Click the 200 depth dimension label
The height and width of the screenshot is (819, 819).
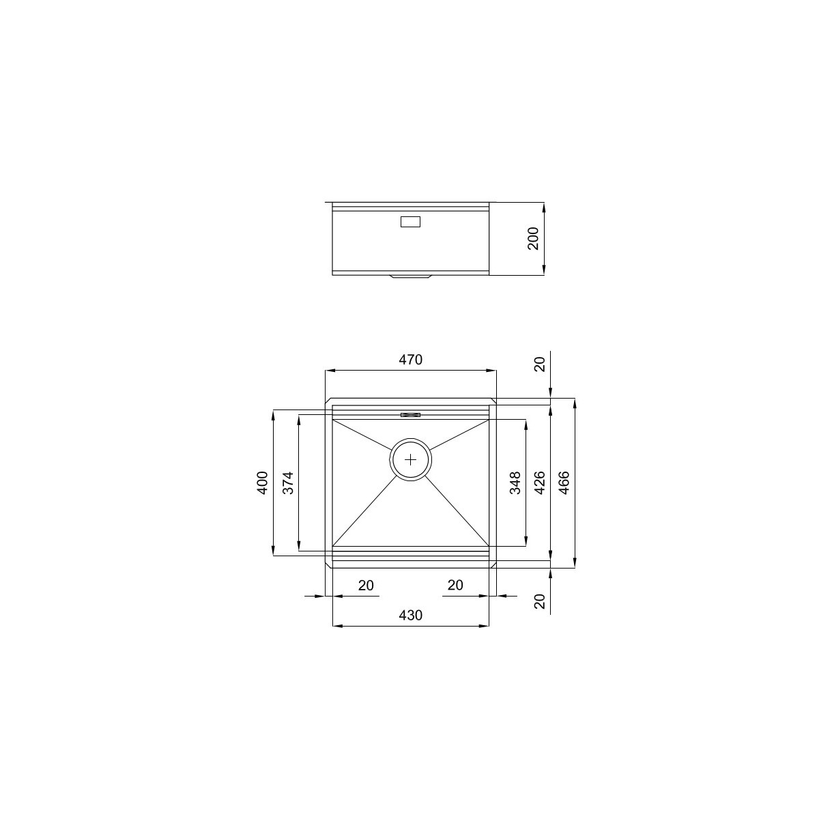point(532,238)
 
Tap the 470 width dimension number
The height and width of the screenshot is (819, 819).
point(411,360)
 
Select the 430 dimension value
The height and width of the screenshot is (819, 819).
point(411,615)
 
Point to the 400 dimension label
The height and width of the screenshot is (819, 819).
point(263,483)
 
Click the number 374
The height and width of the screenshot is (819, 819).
point(288,483)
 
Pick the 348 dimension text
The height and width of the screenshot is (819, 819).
point(515,483)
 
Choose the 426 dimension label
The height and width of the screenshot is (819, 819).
point(539,483)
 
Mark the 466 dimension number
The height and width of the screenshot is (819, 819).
point(564,483)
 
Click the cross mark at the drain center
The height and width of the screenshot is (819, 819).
point(411,459)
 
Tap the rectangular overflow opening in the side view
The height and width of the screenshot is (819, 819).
point(410,222)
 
